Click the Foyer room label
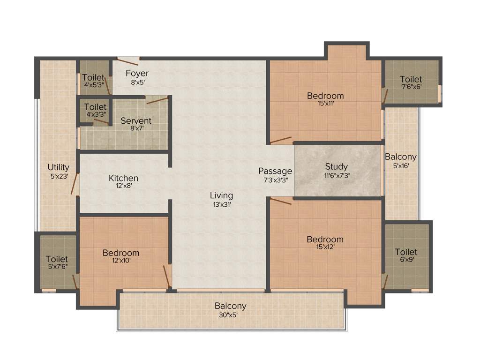tap(137, 73)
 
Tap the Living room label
tap(221, 195)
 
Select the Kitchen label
tap(123, 178)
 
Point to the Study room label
tap(336, 166)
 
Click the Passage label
tap(275, 171)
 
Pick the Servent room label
tap(136, 121)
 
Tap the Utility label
tap(58, 167)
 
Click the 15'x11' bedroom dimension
tap(325, 104)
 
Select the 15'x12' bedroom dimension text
tap(325, 247)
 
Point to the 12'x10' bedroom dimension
tap(120, 261)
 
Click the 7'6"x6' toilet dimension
tap(411, 87)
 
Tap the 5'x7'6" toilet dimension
tap(57, 267)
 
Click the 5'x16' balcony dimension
tap(400, 165)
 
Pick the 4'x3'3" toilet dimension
tap(96, 114)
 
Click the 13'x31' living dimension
tap(221, 204)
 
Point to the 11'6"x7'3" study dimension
tap(336, 175)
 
